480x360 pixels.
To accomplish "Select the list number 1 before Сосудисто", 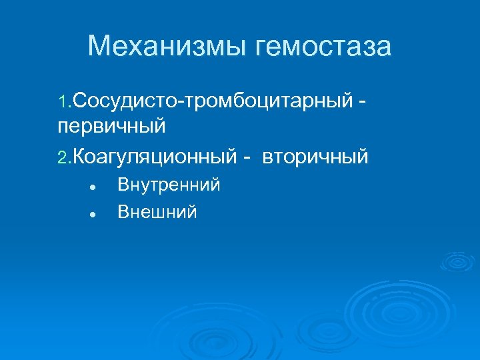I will click(x=62, y=103).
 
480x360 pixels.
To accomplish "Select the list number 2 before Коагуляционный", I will click(x=62, y=157).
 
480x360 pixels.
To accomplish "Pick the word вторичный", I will click(x=315, y=157).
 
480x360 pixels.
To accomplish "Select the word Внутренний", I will click(x=169, y=185).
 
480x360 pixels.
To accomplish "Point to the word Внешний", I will click(x=157, y=212).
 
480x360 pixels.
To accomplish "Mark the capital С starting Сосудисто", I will click(x=77, y=103).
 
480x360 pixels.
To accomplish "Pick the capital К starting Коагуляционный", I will click(x=78, y=157).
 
